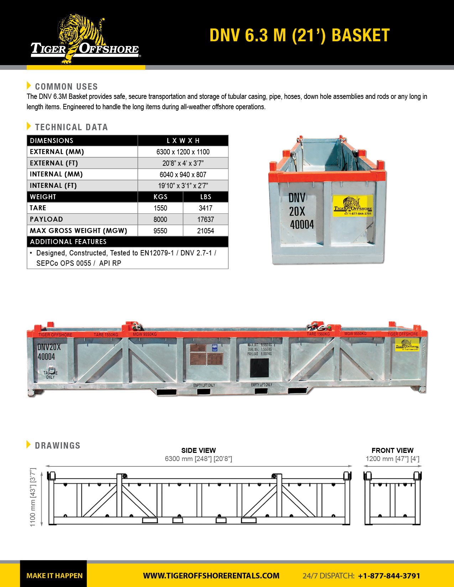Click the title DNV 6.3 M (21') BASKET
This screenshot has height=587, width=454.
pyautogui.click(x=299, y=36)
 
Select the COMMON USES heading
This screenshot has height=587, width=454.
pyautogui.click(x=66, y=86)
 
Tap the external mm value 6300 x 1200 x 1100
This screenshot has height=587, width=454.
pyautogui.click(x=183, y=152)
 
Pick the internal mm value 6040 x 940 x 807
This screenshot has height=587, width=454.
pyautogui.click(x=183, y=174)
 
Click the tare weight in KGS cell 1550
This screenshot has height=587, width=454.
pyautogui.click(x=160, y=208)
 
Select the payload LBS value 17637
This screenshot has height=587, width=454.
pyautogui.click(x=205, y=220)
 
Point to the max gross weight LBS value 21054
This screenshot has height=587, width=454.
pyautogui.click(x=205, y=231)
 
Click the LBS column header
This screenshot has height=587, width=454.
pyautogui.click(x=205, y=197)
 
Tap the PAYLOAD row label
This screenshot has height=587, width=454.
pyautogui.click(x=46, y=220)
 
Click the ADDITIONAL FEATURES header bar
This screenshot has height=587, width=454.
pyautogui.click(x=127, y=242)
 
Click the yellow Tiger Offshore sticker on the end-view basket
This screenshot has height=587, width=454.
pyautogui.click(x=353, y=206)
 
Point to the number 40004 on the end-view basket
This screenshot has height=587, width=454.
pyautogui.click(x=302, y=225)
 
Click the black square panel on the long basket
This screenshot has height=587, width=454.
pyautogui.click(x=259, y=368)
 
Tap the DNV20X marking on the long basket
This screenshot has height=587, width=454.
pyautogui.click(x=49, y=347)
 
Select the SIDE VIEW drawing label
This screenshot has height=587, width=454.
pyautogui.click(x=198, y=450)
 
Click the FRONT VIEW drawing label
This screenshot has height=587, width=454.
pyautogui.click(x=392, y=450)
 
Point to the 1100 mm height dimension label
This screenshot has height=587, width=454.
pyautogui.click(x=33, y=497)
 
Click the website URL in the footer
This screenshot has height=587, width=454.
pyautogui.click(x=211, y=576)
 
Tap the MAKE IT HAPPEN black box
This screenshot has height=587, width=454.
pyautogui.click(x=54, y=576)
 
